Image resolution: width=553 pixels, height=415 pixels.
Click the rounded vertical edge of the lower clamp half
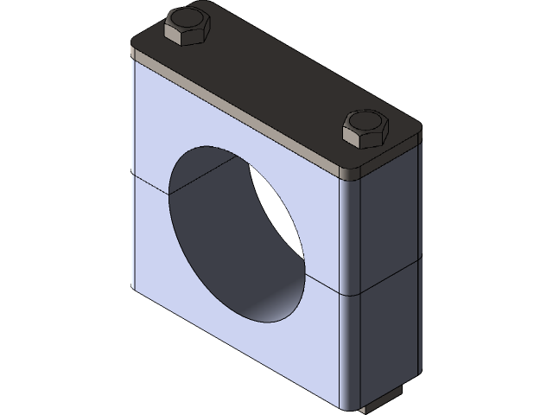click(x=351, y=346)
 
